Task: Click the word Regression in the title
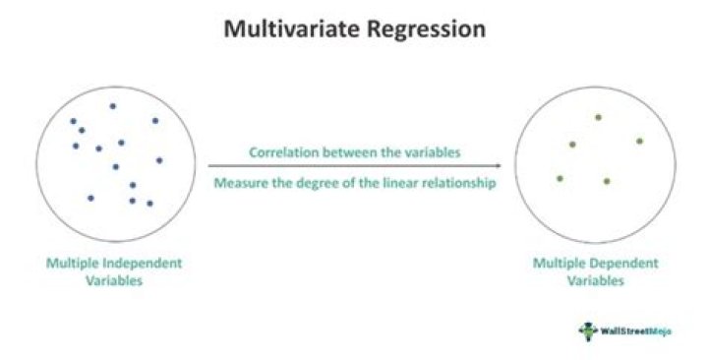point(424,30)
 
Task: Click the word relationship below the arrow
point(452,183)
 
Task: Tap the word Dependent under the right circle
point(616,264)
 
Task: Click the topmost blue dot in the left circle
point(113,105)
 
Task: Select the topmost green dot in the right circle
point(598,117)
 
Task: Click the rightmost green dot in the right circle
point(639,141)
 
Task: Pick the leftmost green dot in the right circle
point(560,178)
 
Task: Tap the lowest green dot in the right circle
point(607,181)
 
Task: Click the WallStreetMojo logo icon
point(587,330)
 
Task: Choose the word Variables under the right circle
point(595,280)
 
